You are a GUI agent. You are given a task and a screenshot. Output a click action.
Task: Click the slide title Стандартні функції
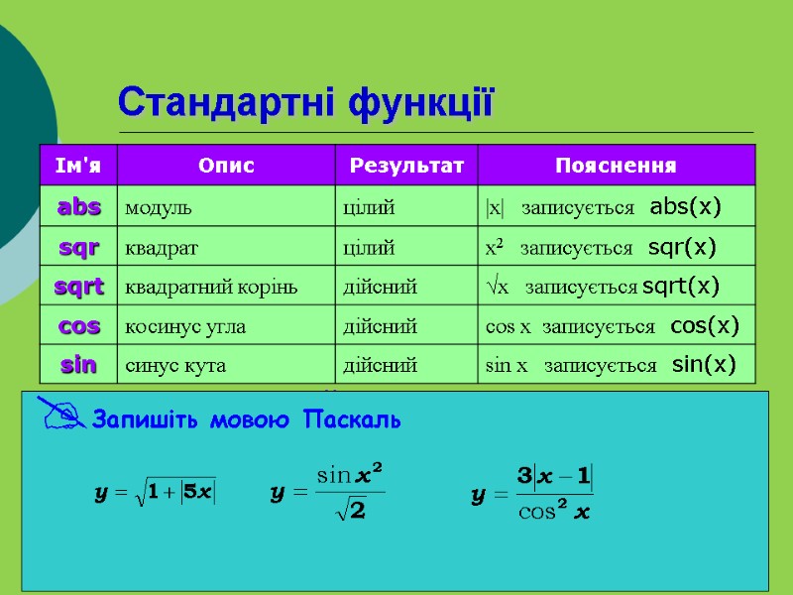(x=305, y=101)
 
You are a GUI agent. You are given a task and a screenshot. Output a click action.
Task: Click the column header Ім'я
(x=77, y=165)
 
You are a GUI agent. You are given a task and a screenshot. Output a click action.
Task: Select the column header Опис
(x=226, y=165)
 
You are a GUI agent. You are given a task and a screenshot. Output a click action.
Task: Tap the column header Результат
(x=405, y=165)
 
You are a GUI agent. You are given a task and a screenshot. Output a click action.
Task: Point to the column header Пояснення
(x=616, y=165)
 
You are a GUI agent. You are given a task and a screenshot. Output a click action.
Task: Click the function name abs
(x=79, y=207)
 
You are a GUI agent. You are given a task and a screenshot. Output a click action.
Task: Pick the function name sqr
(x=79, y=247)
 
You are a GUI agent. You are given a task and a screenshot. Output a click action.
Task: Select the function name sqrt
(x=79, y=287)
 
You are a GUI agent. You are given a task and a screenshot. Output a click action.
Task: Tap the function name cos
(x=79, y=325)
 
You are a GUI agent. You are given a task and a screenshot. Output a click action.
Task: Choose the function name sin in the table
(x=79, y=365)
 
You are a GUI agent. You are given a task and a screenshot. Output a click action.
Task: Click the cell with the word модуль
(x=158, y=208)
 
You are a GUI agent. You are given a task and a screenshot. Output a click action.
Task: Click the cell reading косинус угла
(x=184, y=326)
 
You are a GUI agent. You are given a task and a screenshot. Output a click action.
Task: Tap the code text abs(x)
(x=685, y=207)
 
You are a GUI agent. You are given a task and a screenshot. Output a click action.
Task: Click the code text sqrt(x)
(x=681, y=287)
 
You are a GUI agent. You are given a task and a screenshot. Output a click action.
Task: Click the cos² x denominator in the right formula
(x=555, y=512)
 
